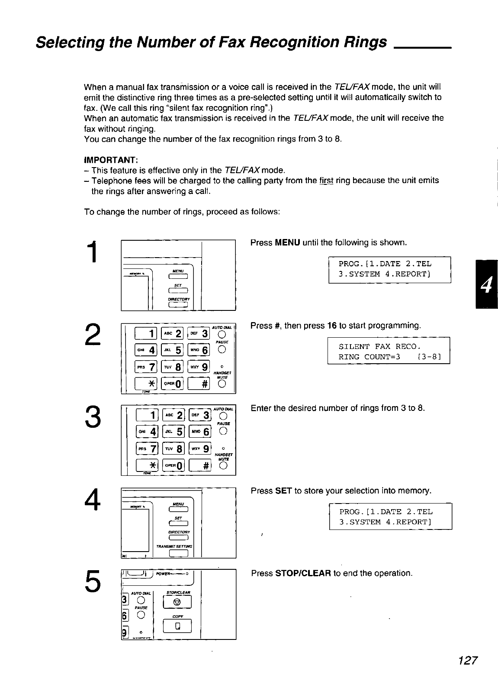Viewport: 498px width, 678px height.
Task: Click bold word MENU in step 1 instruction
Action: click(x=288, y=242)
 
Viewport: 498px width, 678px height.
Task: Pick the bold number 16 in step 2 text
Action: click(x=332, y=326)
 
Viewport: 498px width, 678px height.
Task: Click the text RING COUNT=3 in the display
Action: click(x=370, y=357)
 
